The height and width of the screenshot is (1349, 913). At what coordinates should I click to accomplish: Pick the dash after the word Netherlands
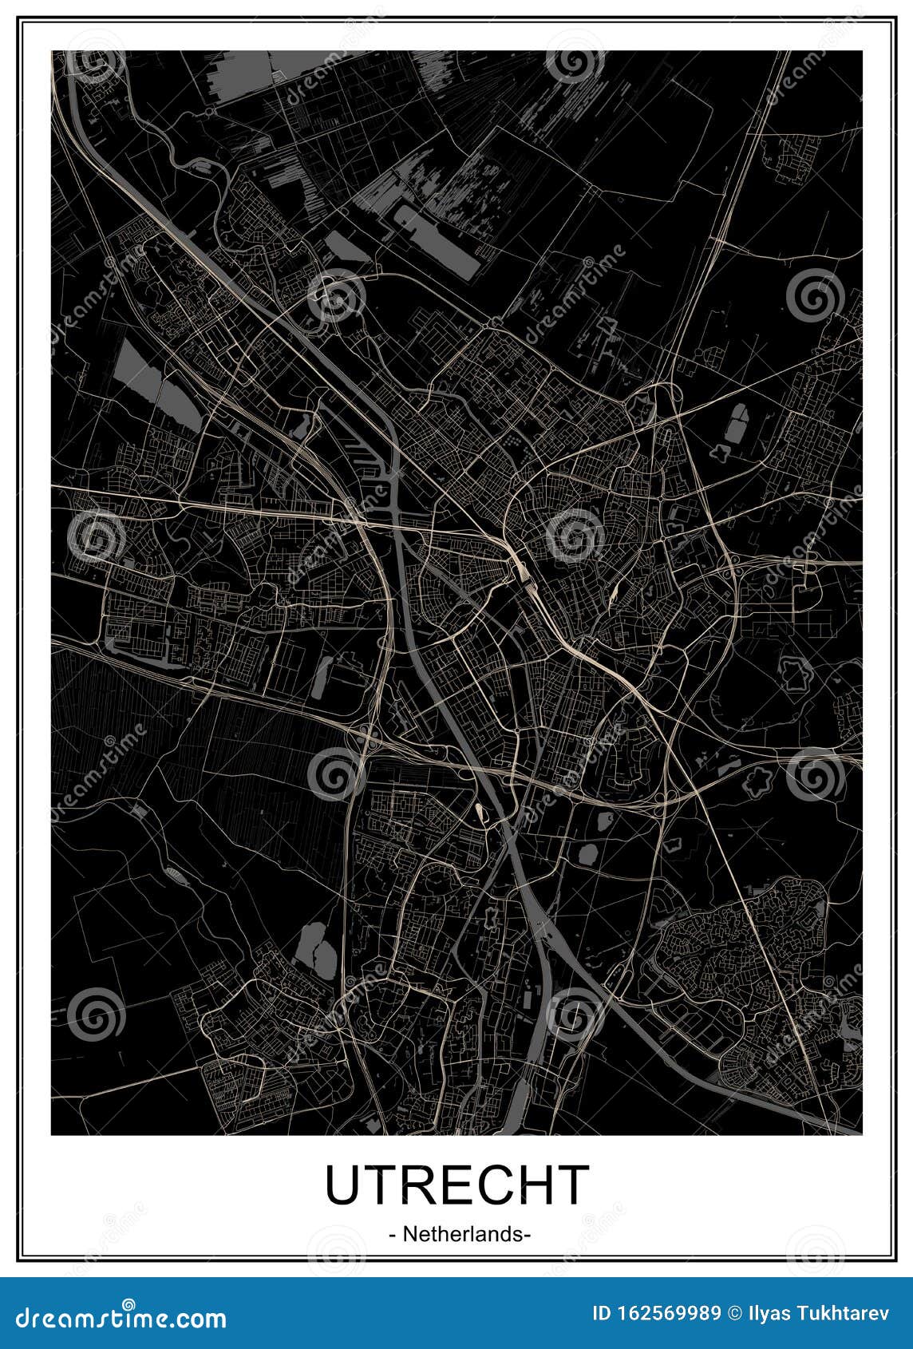pos(528,1235)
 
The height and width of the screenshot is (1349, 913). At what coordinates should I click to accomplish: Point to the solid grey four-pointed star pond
pos(721,453)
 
